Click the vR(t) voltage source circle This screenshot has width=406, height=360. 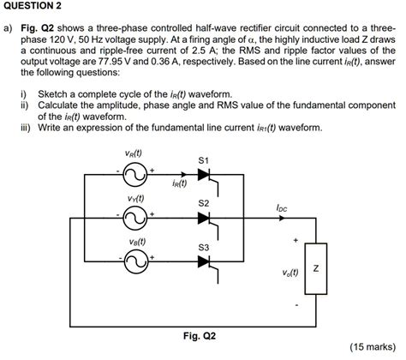[136, 177]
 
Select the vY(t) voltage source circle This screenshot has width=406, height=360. [136, 219]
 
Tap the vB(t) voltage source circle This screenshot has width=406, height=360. [136, 261]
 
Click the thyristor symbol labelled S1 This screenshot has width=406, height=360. [203, 177]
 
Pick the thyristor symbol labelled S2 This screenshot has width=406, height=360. [203, 219]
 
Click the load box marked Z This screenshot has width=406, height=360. [316, 270]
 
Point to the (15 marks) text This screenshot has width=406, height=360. [373, 347]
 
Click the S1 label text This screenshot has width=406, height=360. [203, 160]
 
